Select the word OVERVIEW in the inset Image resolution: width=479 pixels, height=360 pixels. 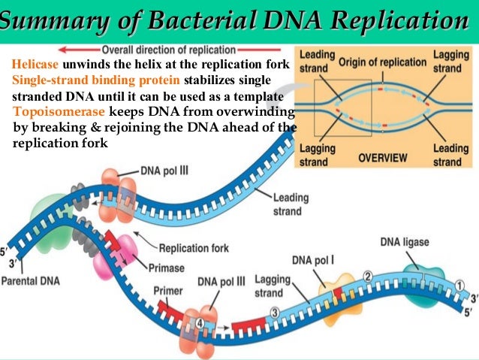coord(382,159)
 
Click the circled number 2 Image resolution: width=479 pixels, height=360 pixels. coord(367,276)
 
